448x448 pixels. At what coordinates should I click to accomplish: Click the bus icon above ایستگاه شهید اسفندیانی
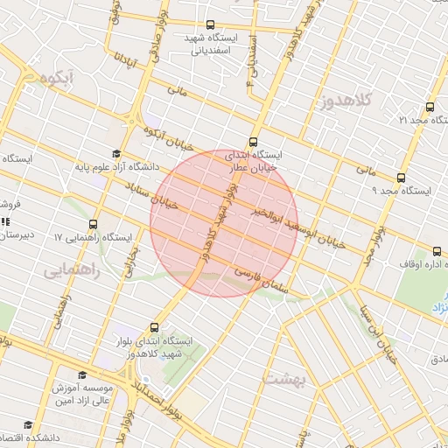point(210,25)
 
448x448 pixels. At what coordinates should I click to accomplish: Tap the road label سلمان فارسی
point(259,277)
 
